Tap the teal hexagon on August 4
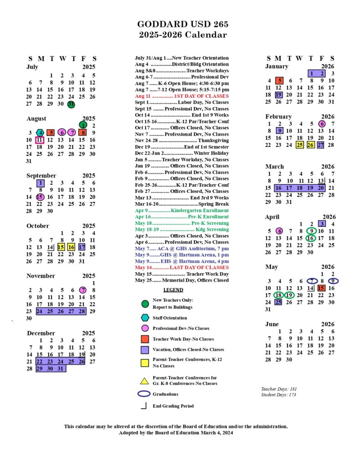pyautogui.click(x=40, y=133)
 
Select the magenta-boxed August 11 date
pyautogui.click(x=40, y=140)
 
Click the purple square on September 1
pyautogui.click(x=40, y=183)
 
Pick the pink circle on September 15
pyautogui.click(x=40, y=197)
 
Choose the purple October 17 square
pyautogui.click(x=82, y=247)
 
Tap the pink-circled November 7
pyautogui.click(x=82, y=290)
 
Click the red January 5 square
pyautogui.click(x=279, y=81)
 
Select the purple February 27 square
pyautogui.click(x=321, y=145)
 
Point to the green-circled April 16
pyautogui.click(x=311, y=238)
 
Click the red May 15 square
pyautogui.click(x=321, y=288)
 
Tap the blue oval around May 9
pyautogui.click(x=333, y=281)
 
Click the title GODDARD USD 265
pyautogui.click(x=183, y=25)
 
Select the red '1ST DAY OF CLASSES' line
pyautogui.click(x=182, y=96)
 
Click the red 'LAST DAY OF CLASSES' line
pyautogui.click(x=182, y=268)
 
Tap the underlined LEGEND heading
pyautogui.click(x=173, y=290)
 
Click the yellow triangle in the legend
pyautogui.click(x=145, y=380)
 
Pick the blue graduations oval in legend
pyautogui.click(x=144, y=394)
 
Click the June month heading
pyautogui.click(x=272, y=324)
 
